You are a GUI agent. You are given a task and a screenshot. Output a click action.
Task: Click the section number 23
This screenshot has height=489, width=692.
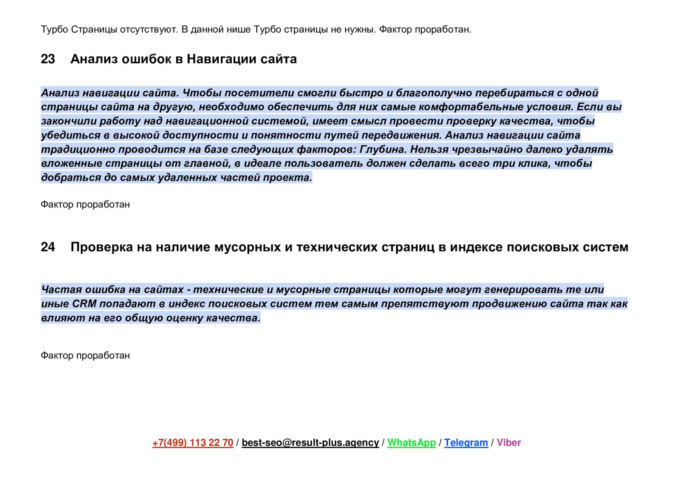click(x=48, y=59)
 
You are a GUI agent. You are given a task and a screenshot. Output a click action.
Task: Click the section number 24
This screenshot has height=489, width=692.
click(x=48, y=247)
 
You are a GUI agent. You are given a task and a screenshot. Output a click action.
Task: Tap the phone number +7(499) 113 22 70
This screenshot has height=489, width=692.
click(x=193, y=442)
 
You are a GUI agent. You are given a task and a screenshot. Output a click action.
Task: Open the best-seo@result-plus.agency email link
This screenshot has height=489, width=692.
click(x=310, y=442)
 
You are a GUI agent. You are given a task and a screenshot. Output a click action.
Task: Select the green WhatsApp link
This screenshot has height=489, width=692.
click(x=411, y=442)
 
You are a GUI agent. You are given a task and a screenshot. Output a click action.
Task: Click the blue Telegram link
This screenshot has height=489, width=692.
click(x=466, y=442)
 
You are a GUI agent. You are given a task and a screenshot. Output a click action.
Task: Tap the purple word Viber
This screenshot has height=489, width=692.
click(x=509, y=442)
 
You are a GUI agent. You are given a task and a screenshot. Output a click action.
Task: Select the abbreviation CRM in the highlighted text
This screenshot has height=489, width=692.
click(x=84, y=304)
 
